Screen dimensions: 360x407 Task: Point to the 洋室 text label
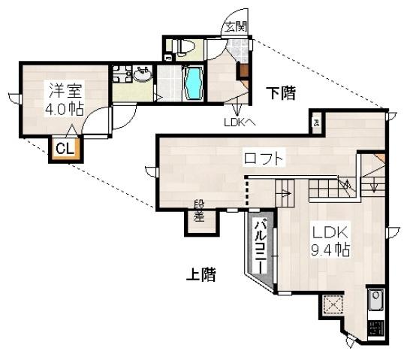65,90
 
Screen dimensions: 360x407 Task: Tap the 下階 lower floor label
280,93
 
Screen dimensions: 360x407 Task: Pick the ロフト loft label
263,159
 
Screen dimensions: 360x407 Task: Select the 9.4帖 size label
331,250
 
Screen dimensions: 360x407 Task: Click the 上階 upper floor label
200,275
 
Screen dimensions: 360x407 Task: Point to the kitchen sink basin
375,301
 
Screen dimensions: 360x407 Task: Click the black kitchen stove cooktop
375,328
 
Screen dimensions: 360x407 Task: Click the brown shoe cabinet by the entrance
243,70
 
